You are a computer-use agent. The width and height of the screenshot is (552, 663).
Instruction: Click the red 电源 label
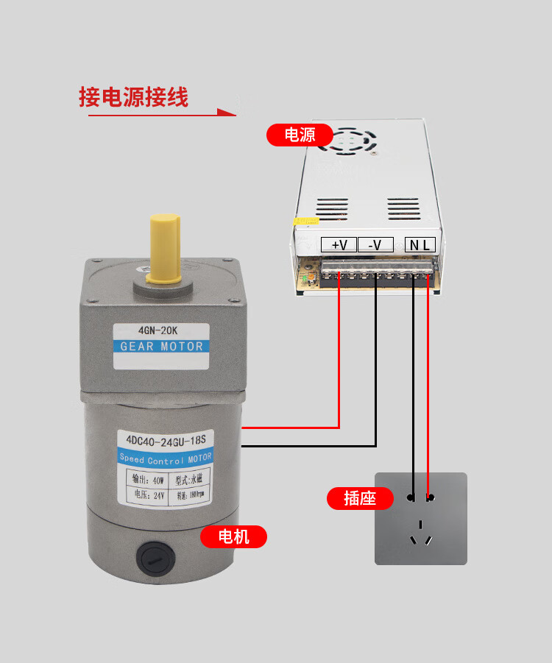300,135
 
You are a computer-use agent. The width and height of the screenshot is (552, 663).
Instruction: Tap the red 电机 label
234,537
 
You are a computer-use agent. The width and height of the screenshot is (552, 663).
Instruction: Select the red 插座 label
359,498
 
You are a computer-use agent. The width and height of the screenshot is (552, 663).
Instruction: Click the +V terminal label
339,244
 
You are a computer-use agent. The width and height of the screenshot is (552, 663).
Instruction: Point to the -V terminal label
375,244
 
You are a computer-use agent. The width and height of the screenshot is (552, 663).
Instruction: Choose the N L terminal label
420,244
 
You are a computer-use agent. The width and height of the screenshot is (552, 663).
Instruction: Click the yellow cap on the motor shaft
165,247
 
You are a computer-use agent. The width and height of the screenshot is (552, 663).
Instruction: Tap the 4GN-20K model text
161,330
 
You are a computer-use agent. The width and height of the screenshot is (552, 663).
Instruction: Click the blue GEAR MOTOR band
161,347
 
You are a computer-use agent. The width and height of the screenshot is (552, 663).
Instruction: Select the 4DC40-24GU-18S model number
165,441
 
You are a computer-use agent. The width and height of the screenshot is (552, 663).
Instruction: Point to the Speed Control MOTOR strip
165,458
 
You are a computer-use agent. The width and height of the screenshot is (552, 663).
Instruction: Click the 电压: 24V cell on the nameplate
149,495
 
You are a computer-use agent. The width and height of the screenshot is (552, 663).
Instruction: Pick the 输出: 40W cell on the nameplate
149,480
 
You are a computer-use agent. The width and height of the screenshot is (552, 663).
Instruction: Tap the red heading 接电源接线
134,97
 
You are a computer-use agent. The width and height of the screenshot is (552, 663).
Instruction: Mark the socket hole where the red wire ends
430,498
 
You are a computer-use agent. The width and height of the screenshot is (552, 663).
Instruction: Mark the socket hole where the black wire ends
411,498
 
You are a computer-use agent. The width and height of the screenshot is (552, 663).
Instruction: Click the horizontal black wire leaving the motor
309,446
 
